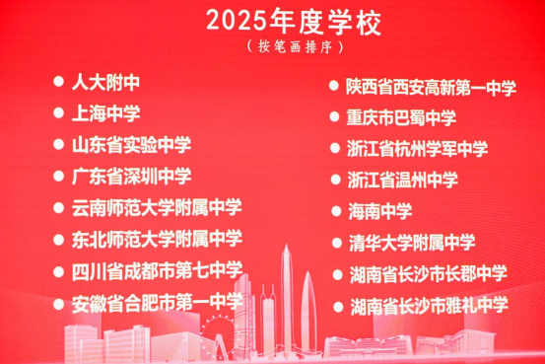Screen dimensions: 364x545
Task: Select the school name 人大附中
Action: (105, 83)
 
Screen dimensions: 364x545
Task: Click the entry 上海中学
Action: (105, 113)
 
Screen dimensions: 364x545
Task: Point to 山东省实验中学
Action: (131, 145)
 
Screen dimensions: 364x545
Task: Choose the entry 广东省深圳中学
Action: (131, 177)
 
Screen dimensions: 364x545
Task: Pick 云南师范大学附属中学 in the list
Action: (157, 208)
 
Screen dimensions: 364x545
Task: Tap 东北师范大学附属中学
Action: (157, 239)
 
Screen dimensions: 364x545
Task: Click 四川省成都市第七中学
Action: (157, 270)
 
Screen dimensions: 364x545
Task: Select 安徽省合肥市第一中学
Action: (157, 301)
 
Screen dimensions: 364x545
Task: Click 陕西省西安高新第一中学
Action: (431, 88)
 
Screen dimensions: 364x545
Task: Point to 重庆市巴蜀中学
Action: (401, 118)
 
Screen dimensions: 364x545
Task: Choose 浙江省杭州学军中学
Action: (417, 150)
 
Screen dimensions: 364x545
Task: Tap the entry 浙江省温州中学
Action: (402, 181)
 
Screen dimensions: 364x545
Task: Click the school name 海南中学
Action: (379, 212)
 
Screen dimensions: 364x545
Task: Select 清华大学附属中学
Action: (411, 243)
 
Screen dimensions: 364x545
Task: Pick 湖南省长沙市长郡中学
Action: (427, 274)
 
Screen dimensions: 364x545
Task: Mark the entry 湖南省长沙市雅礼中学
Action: (427, 305)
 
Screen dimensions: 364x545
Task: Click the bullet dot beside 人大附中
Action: (58, 83)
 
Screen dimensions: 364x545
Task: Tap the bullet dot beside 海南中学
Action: (332, 212)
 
